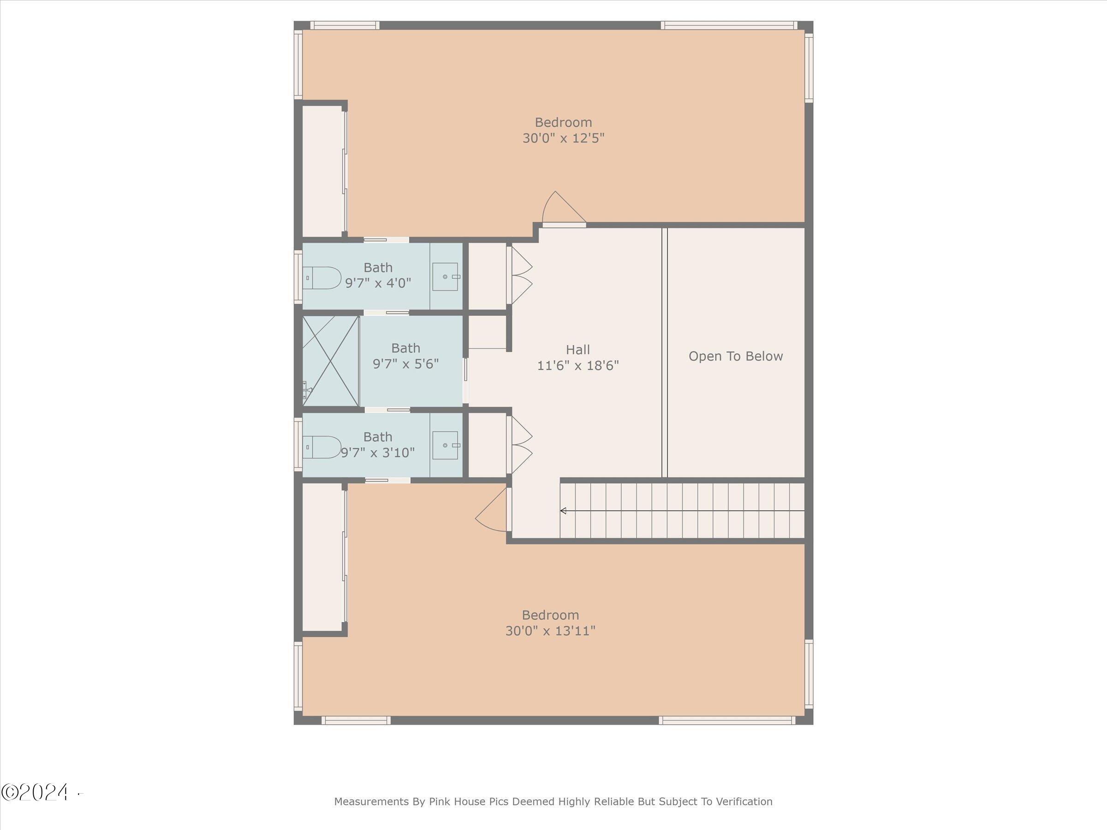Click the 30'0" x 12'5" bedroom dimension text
pos(564,138)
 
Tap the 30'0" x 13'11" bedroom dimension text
pos(550,631)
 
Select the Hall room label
pos(578,350)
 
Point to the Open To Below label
pos(736,356)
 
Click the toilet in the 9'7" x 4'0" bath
pos(322,278)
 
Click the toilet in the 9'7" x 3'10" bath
pos(322,447)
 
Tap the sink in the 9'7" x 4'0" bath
pos(446,277)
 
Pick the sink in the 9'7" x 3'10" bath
pos(446,445)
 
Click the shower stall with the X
pos(331,361)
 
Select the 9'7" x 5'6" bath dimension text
pos(406,364)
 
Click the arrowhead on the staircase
pos(563,511)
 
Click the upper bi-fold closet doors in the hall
pos(519,276)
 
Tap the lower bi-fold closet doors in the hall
pos(519,445)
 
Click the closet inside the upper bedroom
pos(323,171)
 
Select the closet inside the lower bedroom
pos(323,557)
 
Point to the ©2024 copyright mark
pos(35,793)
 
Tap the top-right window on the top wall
pos(729,25)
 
